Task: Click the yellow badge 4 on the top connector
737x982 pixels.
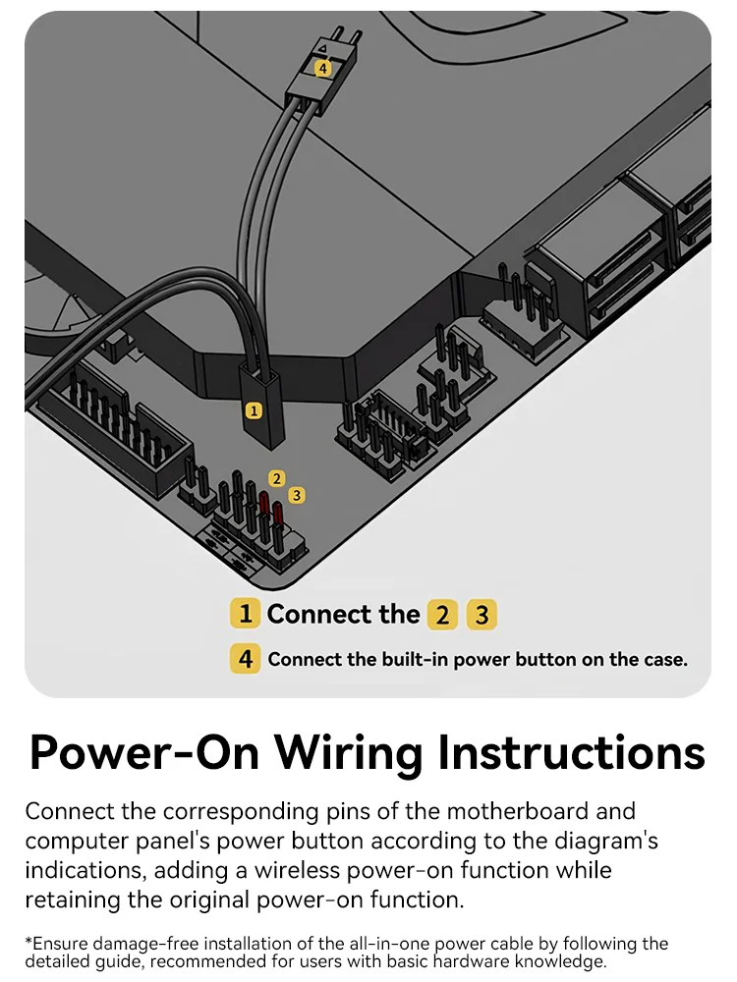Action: pos(322,69)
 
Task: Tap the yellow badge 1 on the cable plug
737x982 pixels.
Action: pos(255,410)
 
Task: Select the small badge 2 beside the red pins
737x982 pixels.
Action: pos(277,478)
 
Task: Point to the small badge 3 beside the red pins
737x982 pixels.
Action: pos(297,496)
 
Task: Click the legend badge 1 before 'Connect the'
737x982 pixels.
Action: pos(245,615)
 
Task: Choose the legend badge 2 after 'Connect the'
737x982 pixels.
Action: pos(442,616)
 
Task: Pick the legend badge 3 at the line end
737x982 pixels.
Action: pos(481,616)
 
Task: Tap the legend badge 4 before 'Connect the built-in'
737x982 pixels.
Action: pos(245,659)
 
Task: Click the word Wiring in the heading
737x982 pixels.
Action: pos(349,754)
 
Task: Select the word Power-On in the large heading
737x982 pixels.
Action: pos(145,754)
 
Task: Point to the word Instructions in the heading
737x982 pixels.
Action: pos(571,754)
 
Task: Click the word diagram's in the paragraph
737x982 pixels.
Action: pos(604,842)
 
